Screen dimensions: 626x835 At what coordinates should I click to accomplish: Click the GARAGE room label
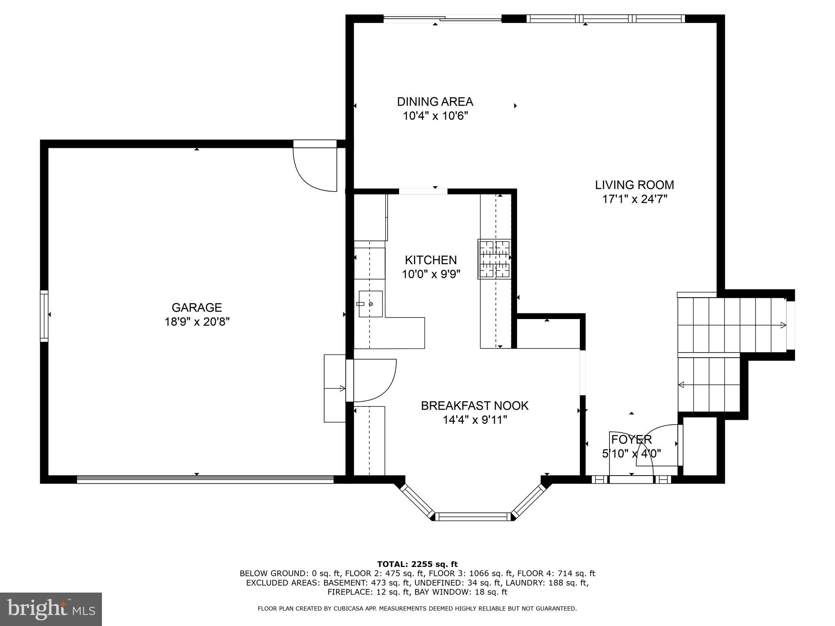pos(197,307)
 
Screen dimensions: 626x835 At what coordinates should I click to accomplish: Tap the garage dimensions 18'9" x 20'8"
pos(197,322)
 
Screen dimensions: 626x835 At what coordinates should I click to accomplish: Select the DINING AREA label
pos(435,101)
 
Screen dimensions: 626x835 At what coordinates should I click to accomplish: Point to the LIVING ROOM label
pos(634,185)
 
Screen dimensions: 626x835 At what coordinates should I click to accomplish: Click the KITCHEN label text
pos(431,260)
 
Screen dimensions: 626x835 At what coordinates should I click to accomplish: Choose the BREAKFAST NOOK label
pos(475,406)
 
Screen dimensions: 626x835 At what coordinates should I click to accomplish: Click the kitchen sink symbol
pos(370,304)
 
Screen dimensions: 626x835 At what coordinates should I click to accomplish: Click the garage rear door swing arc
pos(314,171)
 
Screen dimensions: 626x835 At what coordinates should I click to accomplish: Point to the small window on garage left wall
pos(44,316)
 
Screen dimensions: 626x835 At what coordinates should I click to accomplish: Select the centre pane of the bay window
pos(473,517)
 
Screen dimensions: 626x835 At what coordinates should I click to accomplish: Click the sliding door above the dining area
pos(442,18)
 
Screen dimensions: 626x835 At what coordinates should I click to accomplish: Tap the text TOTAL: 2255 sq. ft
pos(417,564)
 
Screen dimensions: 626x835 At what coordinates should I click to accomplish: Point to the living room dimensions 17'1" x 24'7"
pos(634,199)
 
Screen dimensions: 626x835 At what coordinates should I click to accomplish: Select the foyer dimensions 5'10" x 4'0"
pos(631,454)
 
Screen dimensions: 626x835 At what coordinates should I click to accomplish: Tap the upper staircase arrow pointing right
pos(782,325)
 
